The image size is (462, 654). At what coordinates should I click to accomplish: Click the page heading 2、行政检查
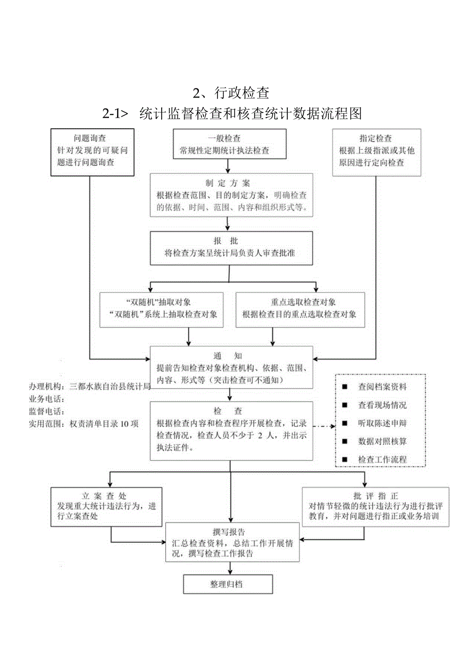click(x=232, y=93)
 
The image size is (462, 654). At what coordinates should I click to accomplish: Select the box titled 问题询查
click(x=93, y=152)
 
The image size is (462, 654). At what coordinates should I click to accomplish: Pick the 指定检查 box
click(x=376, y=152)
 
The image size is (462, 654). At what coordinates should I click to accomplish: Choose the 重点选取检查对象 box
click(x=299, y=309)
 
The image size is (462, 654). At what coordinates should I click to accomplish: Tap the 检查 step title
click(x=231, y=411)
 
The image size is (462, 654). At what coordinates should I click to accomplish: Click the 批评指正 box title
click(x=376, y=496)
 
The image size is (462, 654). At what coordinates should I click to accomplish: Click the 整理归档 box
click(x=228, y=584)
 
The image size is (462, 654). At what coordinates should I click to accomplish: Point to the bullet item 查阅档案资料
click(x=382, y=387)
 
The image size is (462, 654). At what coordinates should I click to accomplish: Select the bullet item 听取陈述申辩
click(x=382, y=423)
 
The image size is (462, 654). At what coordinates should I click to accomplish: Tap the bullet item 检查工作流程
click(x=382, y=459)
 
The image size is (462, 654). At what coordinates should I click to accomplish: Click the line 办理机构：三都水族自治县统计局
click(x=89, y=387)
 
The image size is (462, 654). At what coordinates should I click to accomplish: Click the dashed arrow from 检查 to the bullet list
click(x=324, y=427)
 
